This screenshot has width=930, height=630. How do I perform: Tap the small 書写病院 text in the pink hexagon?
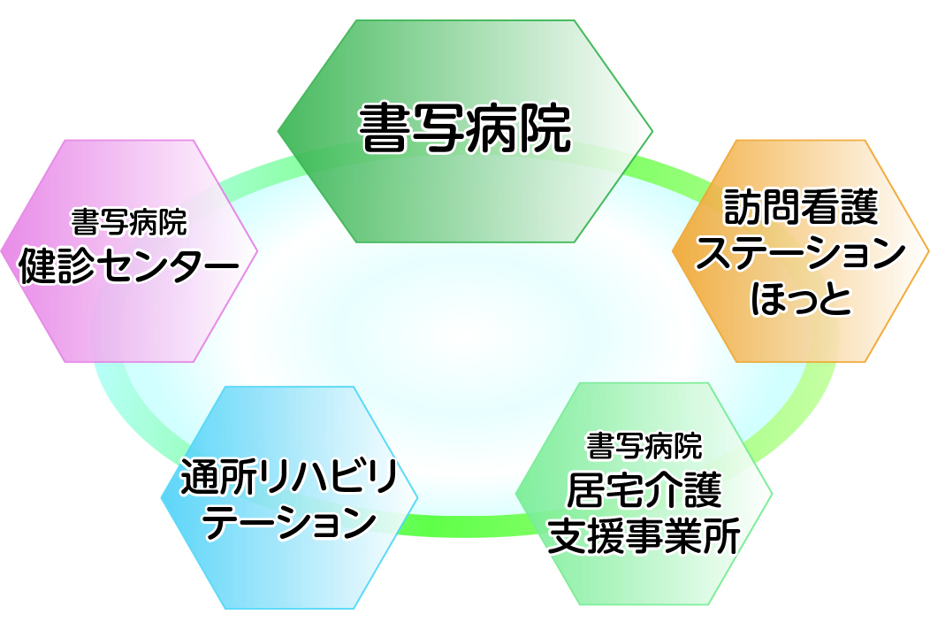129,222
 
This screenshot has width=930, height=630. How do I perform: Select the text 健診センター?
129,266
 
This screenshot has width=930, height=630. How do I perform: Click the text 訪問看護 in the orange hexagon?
800,207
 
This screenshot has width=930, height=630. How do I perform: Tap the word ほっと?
800,298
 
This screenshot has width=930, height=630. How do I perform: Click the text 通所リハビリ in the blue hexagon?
289,476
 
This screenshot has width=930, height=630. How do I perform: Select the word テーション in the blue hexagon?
289,522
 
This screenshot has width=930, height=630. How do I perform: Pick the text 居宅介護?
644,490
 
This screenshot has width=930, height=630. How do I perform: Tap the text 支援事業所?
644,535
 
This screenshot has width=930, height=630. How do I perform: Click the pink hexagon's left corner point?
1,251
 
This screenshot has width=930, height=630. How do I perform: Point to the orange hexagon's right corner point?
928,251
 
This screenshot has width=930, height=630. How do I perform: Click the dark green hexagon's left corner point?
278,131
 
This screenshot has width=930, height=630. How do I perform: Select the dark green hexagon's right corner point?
652,131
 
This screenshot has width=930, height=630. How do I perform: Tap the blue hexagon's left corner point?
161,497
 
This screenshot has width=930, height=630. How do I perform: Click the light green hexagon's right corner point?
772,494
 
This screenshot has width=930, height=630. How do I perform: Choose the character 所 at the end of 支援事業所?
722,535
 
